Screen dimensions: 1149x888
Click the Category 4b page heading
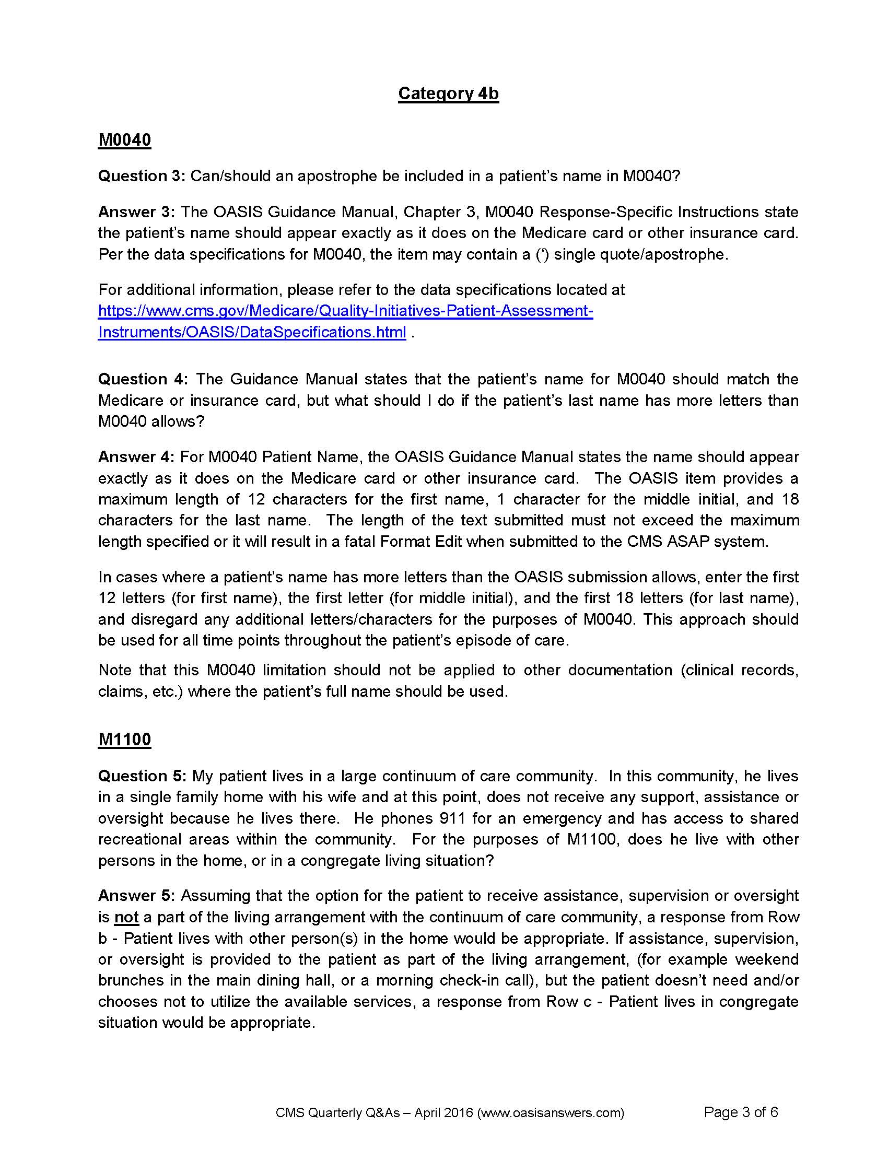click(x=448, y=93)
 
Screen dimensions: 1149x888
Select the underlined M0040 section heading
click(x=125, y=140)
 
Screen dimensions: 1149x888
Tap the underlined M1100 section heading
click(x=125, y=739)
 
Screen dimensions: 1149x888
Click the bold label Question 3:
click(x=142, y=175)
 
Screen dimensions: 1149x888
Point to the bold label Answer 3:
click(x=136, y=212)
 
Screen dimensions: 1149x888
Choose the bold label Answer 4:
click(x=136, y=456)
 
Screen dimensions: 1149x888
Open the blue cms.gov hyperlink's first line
click(x=346, y=311)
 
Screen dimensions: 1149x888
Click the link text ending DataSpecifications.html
click(x=252, y=332)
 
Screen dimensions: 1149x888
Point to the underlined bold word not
click(x=126, y=917)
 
